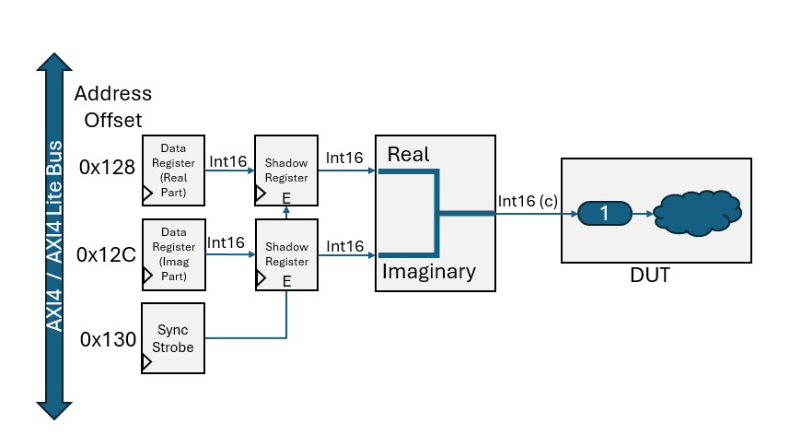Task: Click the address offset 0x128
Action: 106,168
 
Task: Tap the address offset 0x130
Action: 107,338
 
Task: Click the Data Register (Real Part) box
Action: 172,170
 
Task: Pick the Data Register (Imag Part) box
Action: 172,253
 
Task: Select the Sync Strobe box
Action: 172,337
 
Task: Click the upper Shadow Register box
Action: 286,170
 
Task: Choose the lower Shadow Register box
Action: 286,253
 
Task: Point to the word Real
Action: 408,154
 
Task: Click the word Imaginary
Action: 428,272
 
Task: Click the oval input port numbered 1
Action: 604,214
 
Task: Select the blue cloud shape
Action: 698,214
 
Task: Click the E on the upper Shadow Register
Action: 286,196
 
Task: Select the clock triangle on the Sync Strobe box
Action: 147,363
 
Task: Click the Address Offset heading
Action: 112,106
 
